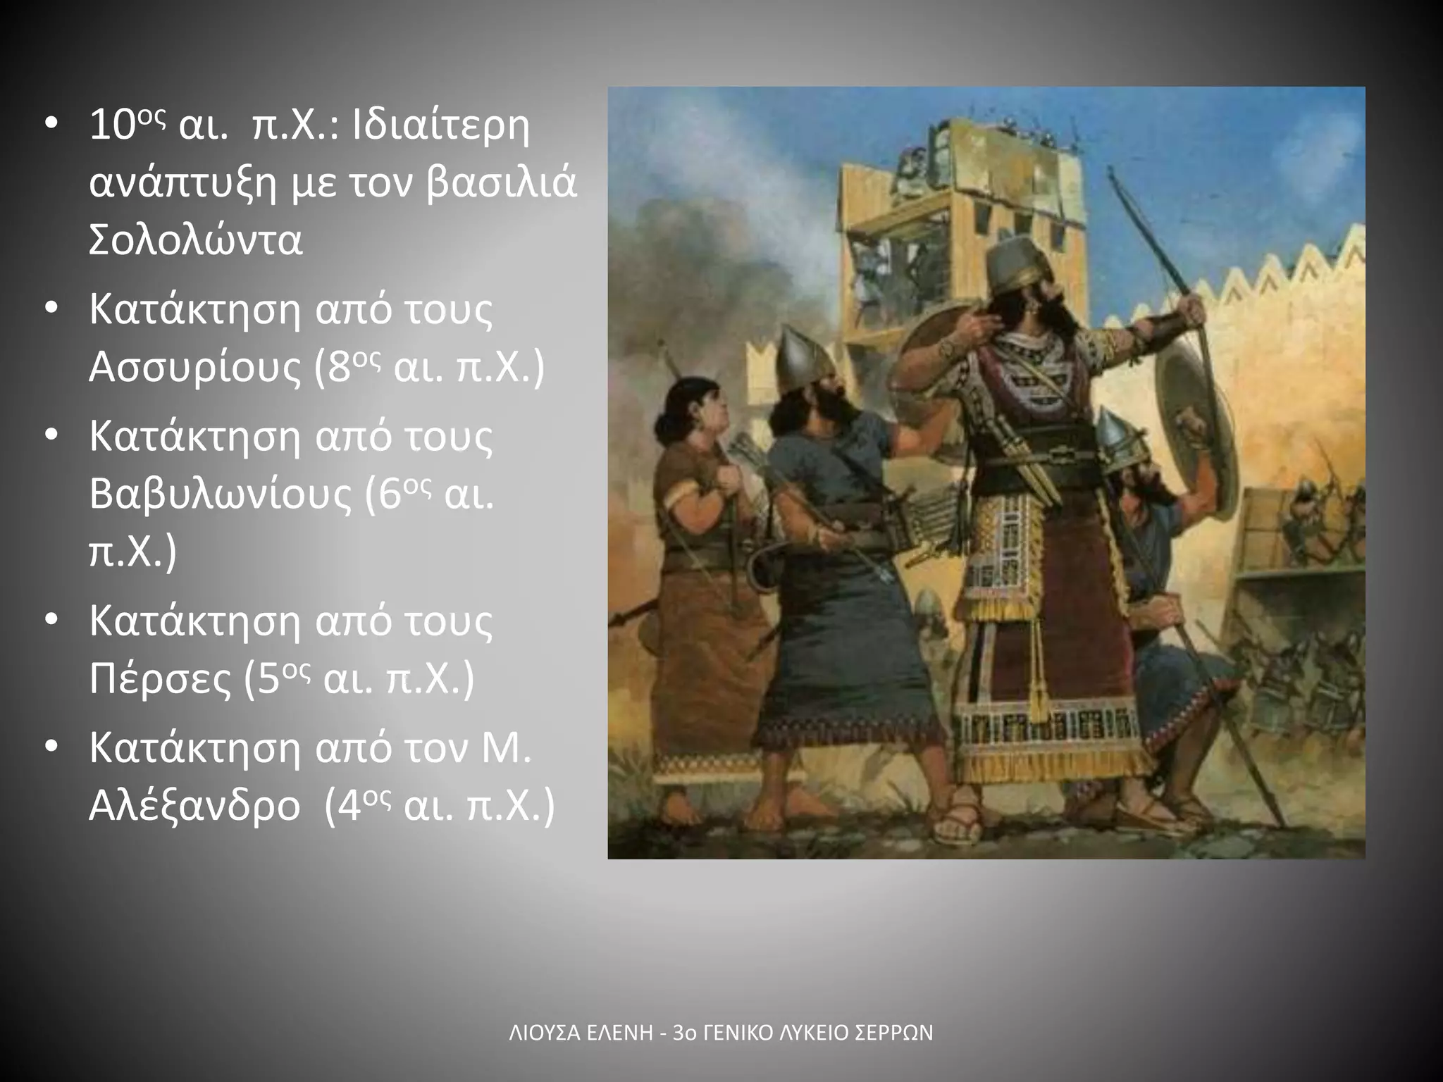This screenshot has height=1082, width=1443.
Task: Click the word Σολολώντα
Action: click(x=196, y=240)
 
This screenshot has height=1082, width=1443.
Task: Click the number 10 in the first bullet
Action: click(x=112, y=127)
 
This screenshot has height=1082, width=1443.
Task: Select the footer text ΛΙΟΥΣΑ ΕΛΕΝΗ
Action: click(x=578, y=1033)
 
